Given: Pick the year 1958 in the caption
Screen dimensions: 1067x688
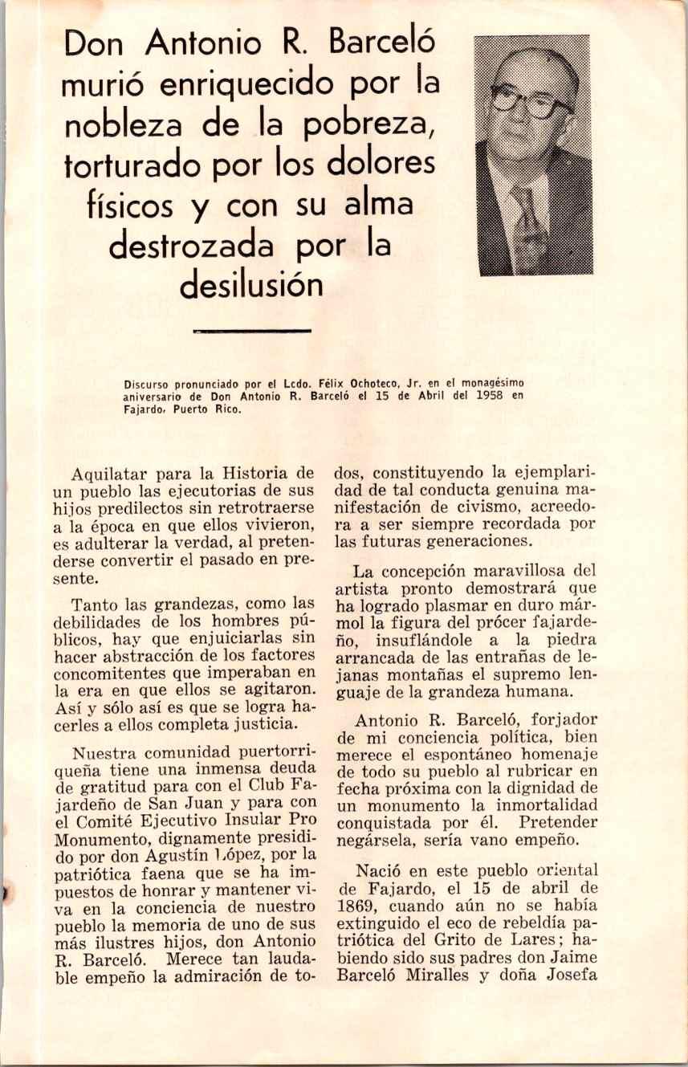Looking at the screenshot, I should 482,397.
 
